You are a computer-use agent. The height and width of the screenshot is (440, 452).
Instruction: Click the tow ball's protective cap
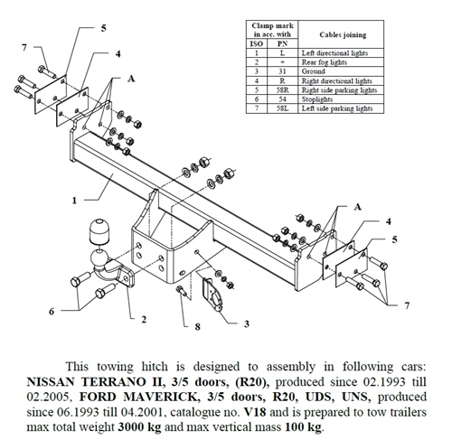click(99, 232)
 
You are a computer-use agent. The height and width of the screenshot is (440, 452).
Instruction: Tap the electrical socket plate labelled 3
click(213, 295)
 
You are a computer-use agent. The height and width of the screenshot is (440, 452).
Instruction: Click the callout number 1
click(74, 201)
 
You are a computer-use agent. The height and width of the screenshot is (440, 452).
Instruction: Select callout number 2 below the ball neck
click(144, 319)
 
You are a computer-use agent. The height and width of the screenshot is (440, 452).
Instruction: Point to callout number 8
click(197, 326)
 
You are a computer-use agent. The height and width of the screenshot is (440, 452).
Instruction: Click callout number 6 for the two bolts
click(52, 312)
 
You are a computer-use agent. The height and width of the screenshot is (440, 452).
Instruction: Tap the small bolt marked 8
click(182, 291)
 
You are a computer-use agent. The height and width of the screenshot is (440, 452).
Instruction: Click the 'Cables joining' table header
click(343, 34)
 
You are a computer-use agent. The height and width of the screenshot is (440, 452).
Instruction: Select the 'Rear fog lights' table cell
click(325, 62)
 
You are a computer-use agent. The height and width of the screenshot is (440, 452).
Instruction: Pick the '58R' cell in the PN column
click(282, 90)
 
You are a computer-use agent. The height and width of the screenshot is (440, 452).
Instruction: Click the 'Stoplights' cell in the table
click(317, 99)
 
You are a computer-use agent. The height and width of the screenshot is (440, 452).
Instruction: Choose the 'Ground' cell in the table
click(314, 71)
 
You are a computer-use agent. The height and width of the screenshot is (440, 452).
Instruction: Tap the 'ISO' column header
click(257, 44)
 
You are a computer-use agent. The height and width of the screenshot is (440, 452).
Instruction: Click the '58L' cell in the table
click(282, 108)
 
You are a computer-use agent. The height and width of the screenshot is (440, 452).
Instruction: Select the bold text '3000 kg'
click(139, 427)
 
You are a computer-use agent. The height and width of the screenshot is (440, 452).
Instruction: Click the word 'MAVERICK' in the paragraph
click(160, 397)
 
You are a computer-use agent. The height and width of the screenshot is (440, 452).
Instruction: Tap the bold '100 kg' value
click(304, 427)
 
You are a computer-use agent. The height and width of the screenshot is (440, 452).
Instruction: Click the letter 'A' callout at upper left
click(131, 79)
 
